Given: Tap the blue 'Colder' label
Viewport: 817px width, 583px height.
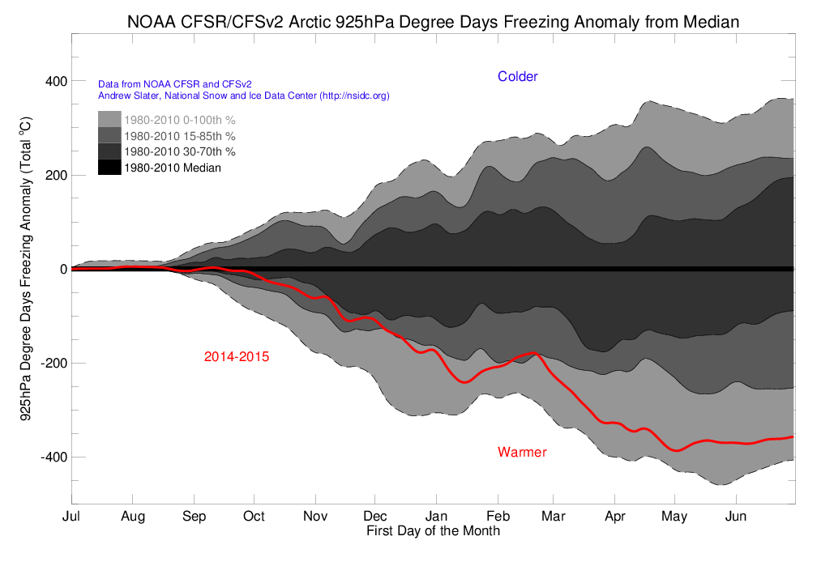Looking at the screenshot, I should (x=518, y=77).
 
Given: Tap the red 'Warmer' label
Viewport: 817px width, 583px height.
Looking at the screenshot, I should (x=522, y=452).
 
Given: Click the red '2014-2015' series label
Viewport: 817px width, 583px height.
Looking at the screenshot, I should (x=237, y=356).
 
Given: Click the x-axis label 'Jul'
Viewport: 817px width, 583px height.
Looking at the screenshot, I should (x=71, y=517).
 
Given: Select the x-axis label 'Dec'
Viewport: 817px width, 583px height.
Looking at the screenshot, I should (x=375, y=517).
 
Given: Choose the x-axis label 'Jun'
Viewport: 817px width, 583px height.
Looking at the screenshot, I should (x=735, y=517).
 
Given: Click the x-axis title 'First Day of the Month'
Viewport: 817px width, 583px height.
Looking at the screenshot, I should (x=433, y=531).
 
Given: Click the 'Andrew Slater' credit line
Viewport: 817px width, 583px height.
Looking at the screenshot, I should (x=244, y=96).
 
